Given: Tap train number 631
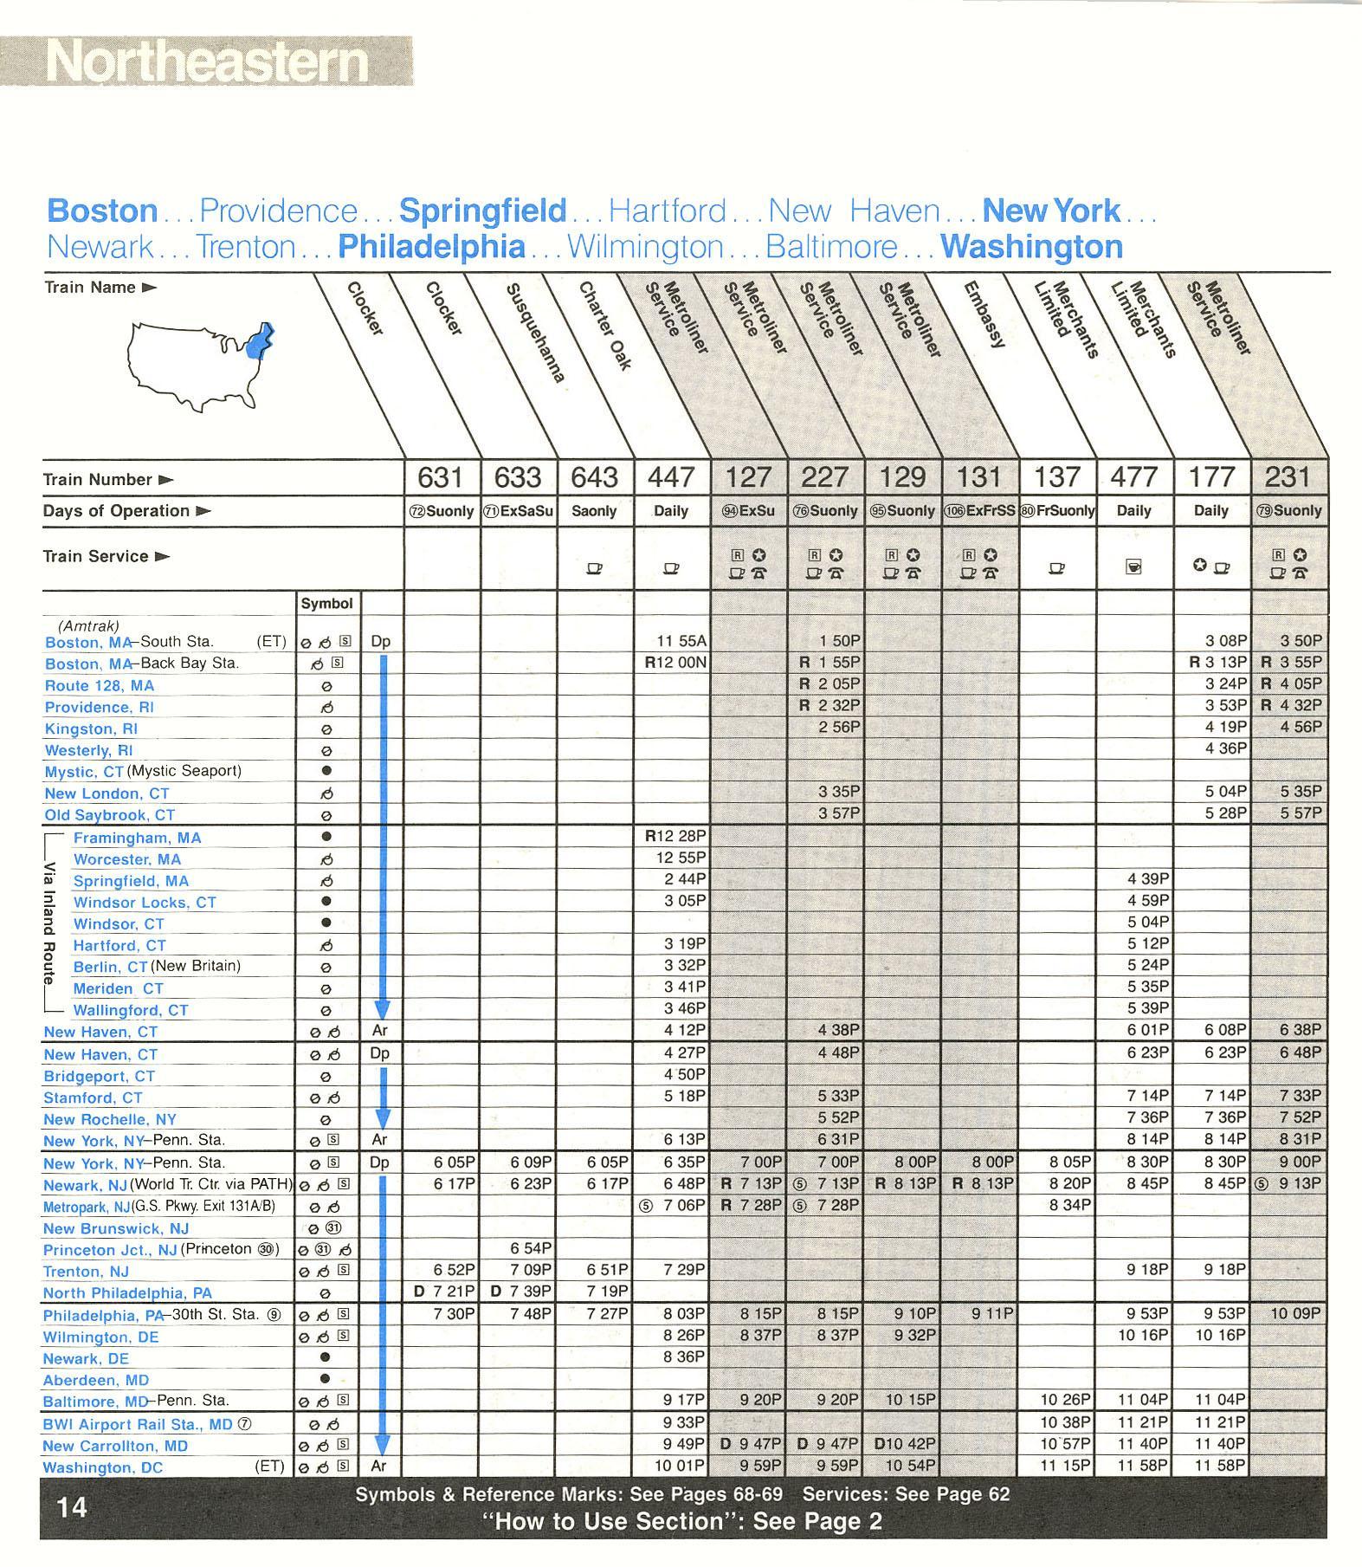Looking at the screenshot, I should click(x=441, y=477).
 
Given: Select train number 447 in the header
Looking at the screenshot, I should click(x=671, y=477).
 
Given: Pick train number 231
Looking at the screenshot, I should click(x=1288, y=477).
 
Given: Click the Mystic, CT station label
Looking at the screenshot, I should click(x=85, y=772).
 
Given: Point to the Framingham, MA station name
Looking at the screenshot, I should click(x=137, y=838).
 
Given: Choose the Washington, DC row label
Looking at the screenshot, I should click(x=102, y=1467).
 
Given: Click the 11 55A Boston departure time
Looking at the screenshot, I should click(x=682, y=641).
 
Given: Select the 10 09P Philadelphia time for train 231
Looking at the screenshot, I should click(x=1295, y=1313).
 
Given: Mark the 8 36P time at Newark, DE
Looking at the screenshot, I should click(x=684, y=1356).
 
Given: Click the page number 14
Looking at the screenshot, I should click(x=72, y=1507).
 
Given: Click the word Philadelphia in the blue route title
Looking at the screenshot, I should click(x=431, y=247).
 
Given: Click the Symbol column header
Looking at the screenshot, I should click(x=326, y=603).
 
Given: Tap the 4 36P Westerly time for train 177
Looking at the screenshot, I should click(x=1225, y=748).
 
